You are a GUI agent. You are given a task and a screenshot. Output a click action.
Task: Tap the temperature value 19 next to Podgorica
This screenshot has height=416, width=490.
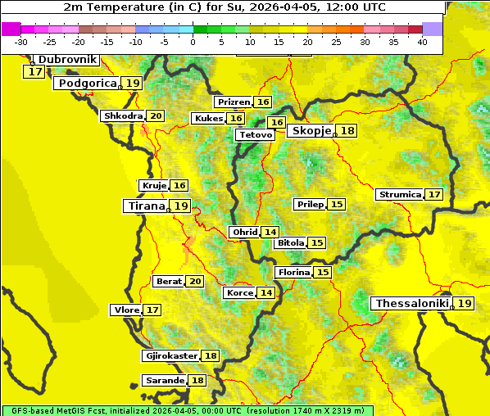133,84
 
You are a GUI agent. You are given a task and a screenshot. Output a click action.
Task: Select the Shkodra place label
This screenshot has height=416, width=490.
122,116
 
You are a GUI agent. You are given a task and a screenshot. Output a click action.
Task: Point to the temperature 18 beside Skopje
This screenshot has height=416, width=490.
347,131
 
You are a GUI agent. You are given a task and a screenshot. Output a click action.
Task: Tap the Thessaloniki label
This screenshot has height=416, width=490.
412,304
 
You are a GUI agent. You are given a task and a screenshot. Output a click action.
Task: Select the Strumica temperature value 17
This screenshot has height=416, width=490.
434,195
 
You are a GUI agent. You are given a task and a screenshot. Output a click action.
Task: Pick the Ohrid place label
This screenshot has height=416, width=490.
245,233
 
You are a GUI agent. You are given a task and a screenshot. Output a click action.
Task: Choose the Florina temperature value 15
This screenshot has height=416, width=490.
323,272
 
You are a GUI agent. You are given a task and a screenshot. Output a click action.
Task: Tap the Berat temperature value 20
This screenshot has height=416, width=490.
194,282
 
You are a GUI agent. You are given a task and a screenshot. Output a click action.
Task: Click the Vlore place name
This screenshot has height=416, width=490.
126,310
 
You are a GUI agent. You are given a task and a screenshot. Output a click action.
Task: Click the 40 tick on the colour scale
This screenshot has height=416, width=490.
422,42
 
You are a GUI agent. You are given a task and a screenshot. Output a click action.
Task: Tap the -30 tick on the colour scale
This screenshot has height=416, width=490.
21,42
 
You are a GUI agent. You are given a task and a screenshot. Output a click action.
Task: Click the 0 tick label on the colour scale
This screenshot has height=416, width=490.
193,42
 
